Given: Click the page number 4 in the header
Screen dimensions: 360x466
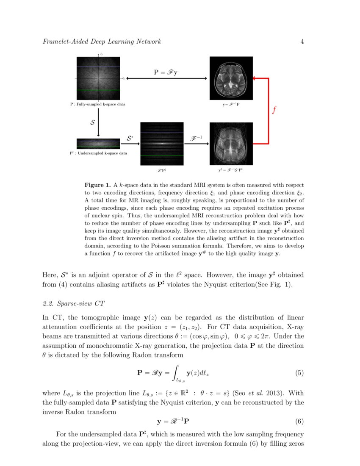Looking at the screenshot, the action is coord(302,42).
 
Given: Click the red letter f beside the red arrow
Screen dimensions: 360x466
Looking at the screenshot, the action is coord(274,111).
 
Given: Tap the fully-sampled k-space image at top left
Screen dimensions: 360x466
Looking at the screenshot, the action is coord(98,78).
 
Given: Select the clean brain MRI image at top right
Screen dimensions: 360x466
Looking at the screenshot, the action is coord(231,78).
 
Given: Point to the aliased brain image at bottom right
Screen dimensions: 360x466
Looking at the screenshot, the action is coord(231,144).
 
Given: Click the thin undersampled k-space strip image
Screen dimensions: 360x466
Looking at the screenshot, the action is coord(98,144).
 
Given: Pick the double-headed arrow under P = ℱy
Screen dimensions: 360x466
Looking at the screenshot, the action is coord(166,78).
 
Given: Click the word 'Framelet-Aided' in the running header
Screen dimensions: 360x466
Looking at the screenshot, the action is coord(63,42).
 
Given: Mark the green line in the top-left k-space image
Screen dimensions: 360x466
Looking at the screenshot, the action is coord(98,90).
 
